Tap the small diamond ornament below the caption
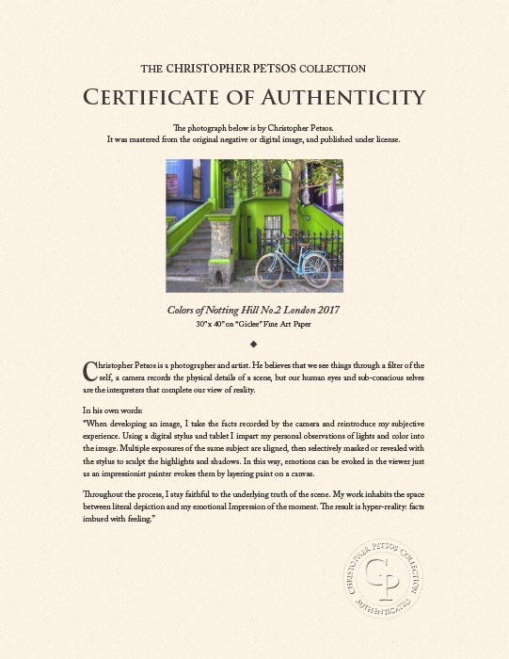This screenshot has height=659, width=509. tap(254, 344)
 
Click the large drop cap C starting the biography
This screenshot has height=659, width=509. tap(89, 368)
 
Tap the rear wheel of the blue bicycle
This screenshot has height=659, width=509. tap(267, 267)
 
